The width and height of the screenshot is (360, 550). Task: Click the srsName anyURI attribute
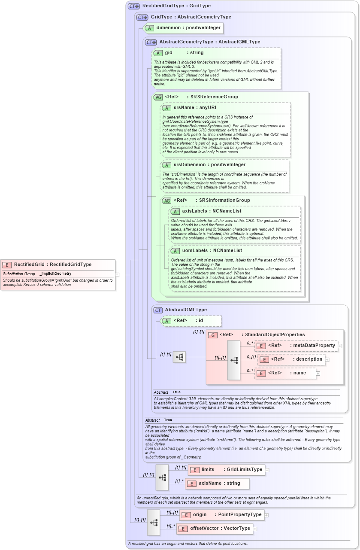pos(195,107)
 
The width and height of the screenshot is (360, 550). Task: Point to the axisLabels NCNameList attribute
pos(212,211)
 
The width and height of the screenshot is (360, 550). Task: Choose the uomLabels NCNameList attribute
pos(212,251)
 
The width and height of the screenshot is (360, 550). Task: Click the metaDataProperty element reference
pos(296,346)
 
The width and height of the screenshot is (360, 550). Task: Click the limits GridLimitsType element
pos(227,470)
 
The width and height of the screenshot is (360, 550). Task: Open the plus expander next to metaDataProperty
pos(340,346)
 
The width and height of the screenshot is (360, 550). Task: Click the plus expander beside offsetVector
pos(255,529)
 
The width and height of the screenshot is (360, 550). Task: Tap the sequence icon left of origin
pos(154,522)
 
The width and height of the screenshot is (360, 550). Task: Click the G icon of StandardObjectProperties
pos(213,335)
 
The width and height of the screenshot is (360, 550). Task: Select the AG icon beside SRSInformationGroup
pos(166,201)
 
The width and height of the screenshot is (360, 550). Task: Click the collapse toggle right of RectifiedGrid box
pos(117,275)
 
